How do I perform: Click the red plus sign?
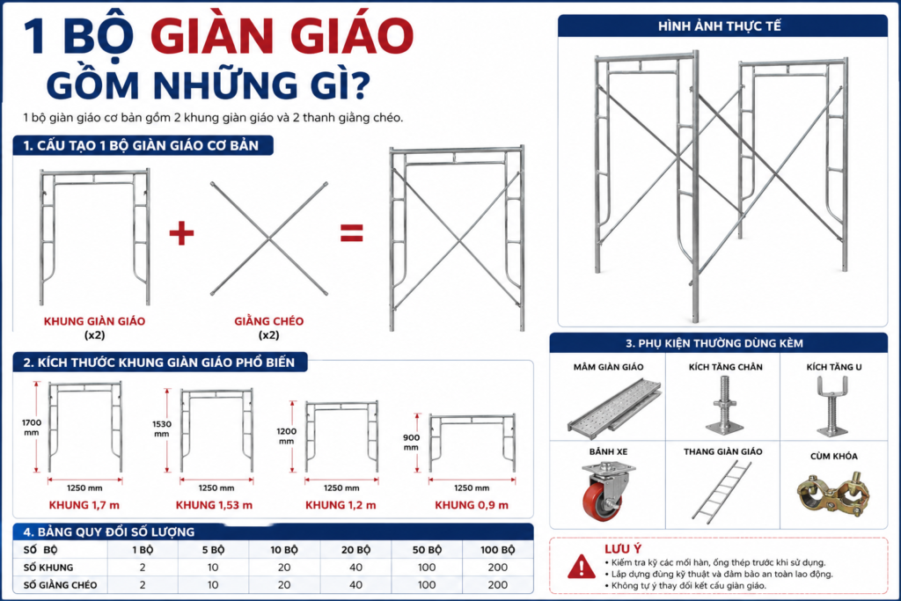tap(181, 233)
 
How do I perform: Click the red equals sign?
tap(352, 233)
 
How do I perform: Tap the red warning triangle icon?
tap(582, 567)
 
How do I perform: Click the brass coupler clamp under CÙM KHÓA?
tap(833, 493)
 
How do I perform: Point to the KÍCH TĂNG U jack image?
tap(832, 406)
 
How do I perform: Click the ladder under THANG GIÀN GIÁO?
tap(722, 492)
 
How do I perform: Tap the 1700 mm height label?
tap(32, 428)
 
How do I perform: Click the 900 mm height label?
tap(411, 443)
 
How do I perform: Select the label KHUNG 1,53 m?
tap(215, 505)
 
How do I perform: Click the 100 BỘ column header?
tap(498, 550)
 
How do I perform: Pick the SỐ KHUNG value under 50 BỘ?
tap(427, 567)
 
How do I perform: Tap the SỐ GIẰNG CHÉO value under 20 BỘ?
tap(355, 585)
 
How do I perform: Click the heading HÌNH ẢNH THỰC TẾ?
tap(720, 26)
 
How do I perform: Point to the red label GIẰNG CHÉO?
tap(269, 321)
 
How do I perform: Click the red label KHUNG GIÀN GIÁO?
tap(95, 321)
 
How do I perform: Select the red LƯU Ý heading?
tap(623, 549)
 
